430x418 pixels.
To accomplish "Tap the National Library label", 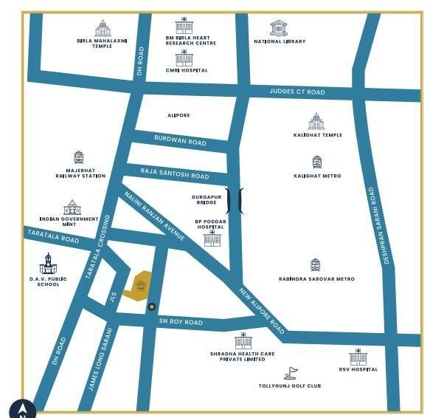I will click(279, 41).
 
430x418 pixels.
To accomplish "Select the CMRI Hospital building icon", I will click(184, 58).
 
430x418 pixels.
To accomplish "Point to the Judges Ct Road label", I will click(297, 92).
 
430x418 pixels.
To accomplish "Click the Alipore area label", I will click(179, 115).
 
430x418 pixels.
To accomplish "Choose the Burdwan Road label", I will click(180, 140).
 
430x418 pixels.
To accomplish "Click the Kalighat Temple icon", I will click(316, 122).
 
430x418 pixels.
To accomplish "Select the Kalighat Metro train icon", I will click(317, 163).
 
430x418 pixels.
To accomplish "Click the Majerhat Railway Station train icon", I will click(79, 158).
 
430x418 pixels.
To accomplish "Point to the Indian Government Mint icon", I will click(72, 207).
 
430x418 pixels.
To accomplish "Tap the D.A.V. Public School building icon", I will click(48, 264).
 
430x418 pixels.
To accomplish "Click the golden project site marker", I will click(140, 284).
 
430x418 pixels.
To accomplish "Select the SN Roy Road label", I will click(180, 322).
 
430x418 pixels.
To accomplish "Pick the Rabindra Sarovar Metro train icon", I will click(316, 265).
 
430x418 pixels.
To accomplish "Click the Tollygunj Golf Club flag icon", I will click(291, 374).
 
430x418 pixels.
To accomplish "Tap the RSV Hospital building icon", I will click(358, 357).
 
